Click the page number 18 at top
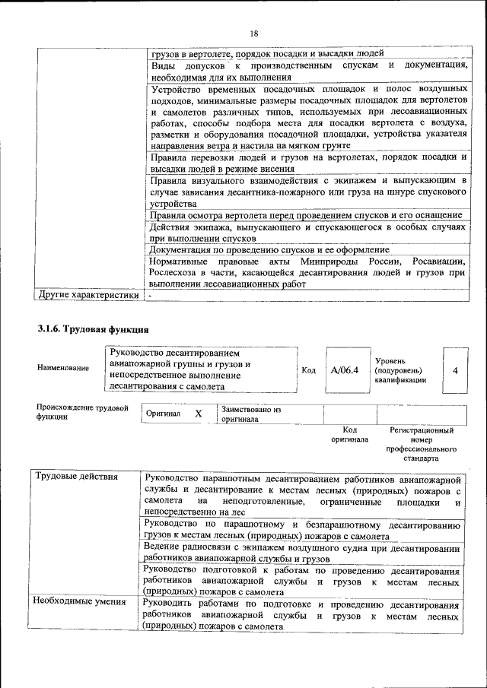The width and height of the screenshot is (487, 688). point(254,33)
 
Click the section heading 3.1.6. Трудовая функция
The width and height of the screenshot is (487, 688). point(92,330)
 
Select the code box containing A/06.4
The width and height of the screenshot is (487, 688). point(344,370)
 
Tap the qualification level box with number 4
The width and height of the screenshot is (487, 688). point(454,370)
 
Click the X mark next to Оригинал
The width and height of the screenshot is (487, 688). point(198,414)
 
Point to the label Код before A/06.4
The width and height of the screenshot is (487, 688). point(308,370)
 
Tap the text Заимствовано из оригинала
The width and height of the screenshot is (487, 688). point(251,414)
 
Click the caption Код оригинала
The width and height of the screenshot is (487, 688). point(349,435)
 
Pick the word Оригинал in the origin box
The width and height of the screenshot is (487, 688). point(163,414)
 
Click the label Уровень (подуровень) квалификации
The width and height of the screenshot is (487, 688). point(400,370)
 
